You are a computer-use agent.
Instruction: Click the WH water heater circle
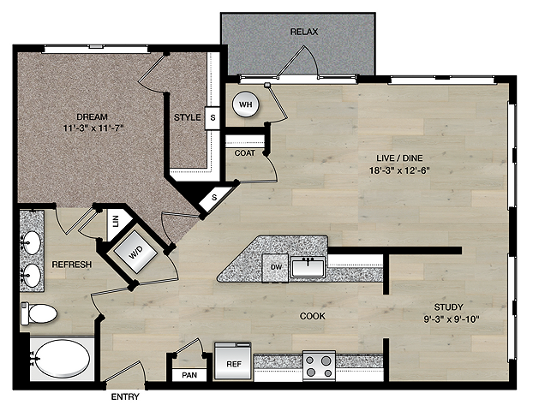pos(245,104)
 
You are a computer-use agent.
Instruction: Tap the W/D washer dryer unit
pos(135,252)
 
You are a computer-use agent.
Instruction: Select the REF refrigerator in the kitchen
pos(233,360)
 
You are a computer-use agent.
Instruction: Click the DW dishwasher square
pos(275,268)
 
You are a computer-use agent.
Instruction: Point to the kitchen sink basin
pos(308,266)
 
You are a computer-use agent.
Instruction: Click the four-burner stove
pos(319,366)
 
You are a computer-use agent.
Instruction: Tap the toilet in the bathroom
pos(39,313)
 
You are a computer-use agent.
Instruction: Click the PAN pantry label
pos(189,375)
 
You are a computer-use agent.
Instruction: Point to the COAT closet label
pos(245,153)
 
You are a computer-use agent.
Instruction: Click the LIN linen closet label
pos(116,221)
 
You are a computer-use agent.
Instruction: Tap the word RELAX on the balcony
pos(304,32)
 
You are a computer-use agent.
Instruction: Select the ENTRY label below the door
pos(125,396)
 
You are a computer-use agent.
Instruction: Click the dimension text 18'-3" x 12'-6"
pos(399,170)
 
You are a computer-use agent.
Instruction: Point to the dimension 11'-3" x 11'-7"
pos(93,128)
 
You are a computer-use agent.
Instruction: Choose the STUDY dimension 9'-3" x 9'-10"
pos(452,319)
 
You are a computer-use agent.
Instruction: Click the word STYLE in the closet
pos(188,117)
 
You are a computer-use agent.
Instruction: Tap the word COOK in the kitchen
pos(313,316)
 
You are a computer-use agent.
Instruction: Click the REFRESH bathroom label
pos(72,265)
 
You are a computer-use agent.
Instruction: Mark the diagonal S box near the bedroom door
pos(213,198)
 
